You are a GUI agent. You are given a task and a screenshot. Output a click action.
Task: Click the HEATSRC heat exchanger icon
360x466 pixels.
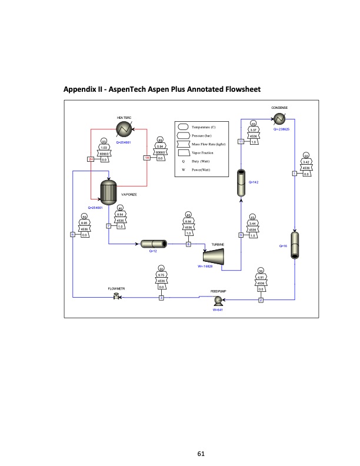(124, 129)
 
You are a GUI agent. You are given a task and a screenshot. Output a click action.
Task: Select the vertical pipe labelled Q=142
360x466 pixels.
(241, 183)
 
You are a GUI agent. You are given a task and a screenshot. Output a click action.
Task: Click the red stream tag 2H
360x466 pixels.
(91, 159)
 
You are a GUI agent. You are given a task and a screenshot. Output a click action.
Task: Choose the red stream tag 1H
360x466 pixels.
(146, 157)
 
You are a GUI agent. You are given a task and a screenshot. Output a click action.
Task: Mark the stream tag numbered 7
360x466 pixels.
(109, 226)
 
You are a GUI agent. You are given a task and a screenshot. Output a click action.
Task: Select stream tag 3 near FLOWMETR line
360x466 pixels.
(161, 298)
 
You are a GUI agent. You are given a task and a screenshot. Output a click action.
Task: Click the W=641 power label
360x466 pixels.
(216, 309)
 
